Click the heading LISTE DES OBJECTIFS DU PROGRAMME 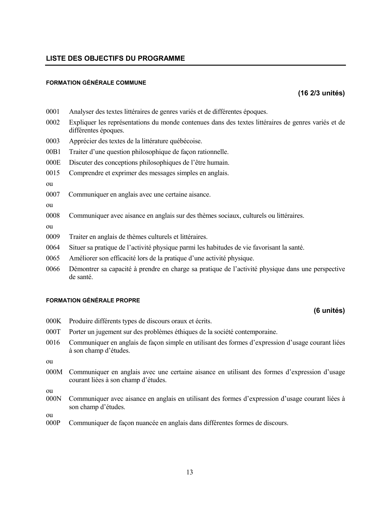pos(115,58)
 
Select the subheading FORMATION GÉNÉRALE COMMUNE pos(96,83)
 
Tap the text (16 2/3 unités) pos(321,93)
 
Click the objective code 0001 pos(53,112)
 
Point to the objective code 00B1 pos(53,152)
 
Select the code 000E pos(53,163)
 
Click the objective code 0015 pos(53,173)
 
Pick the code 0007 pos(53,194)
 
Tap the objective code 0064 pos(53,247)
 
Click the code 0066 pos(53,269)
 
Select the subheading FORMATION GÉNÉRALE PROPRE pos(93,301)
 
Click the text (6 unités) pos(329,311)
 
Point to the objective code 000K pos(54,321)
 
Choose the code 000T pos(53,332)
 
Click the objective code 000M pos(54,372)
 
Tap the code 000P pos(53,423)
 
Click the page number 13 pos(190,472)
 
